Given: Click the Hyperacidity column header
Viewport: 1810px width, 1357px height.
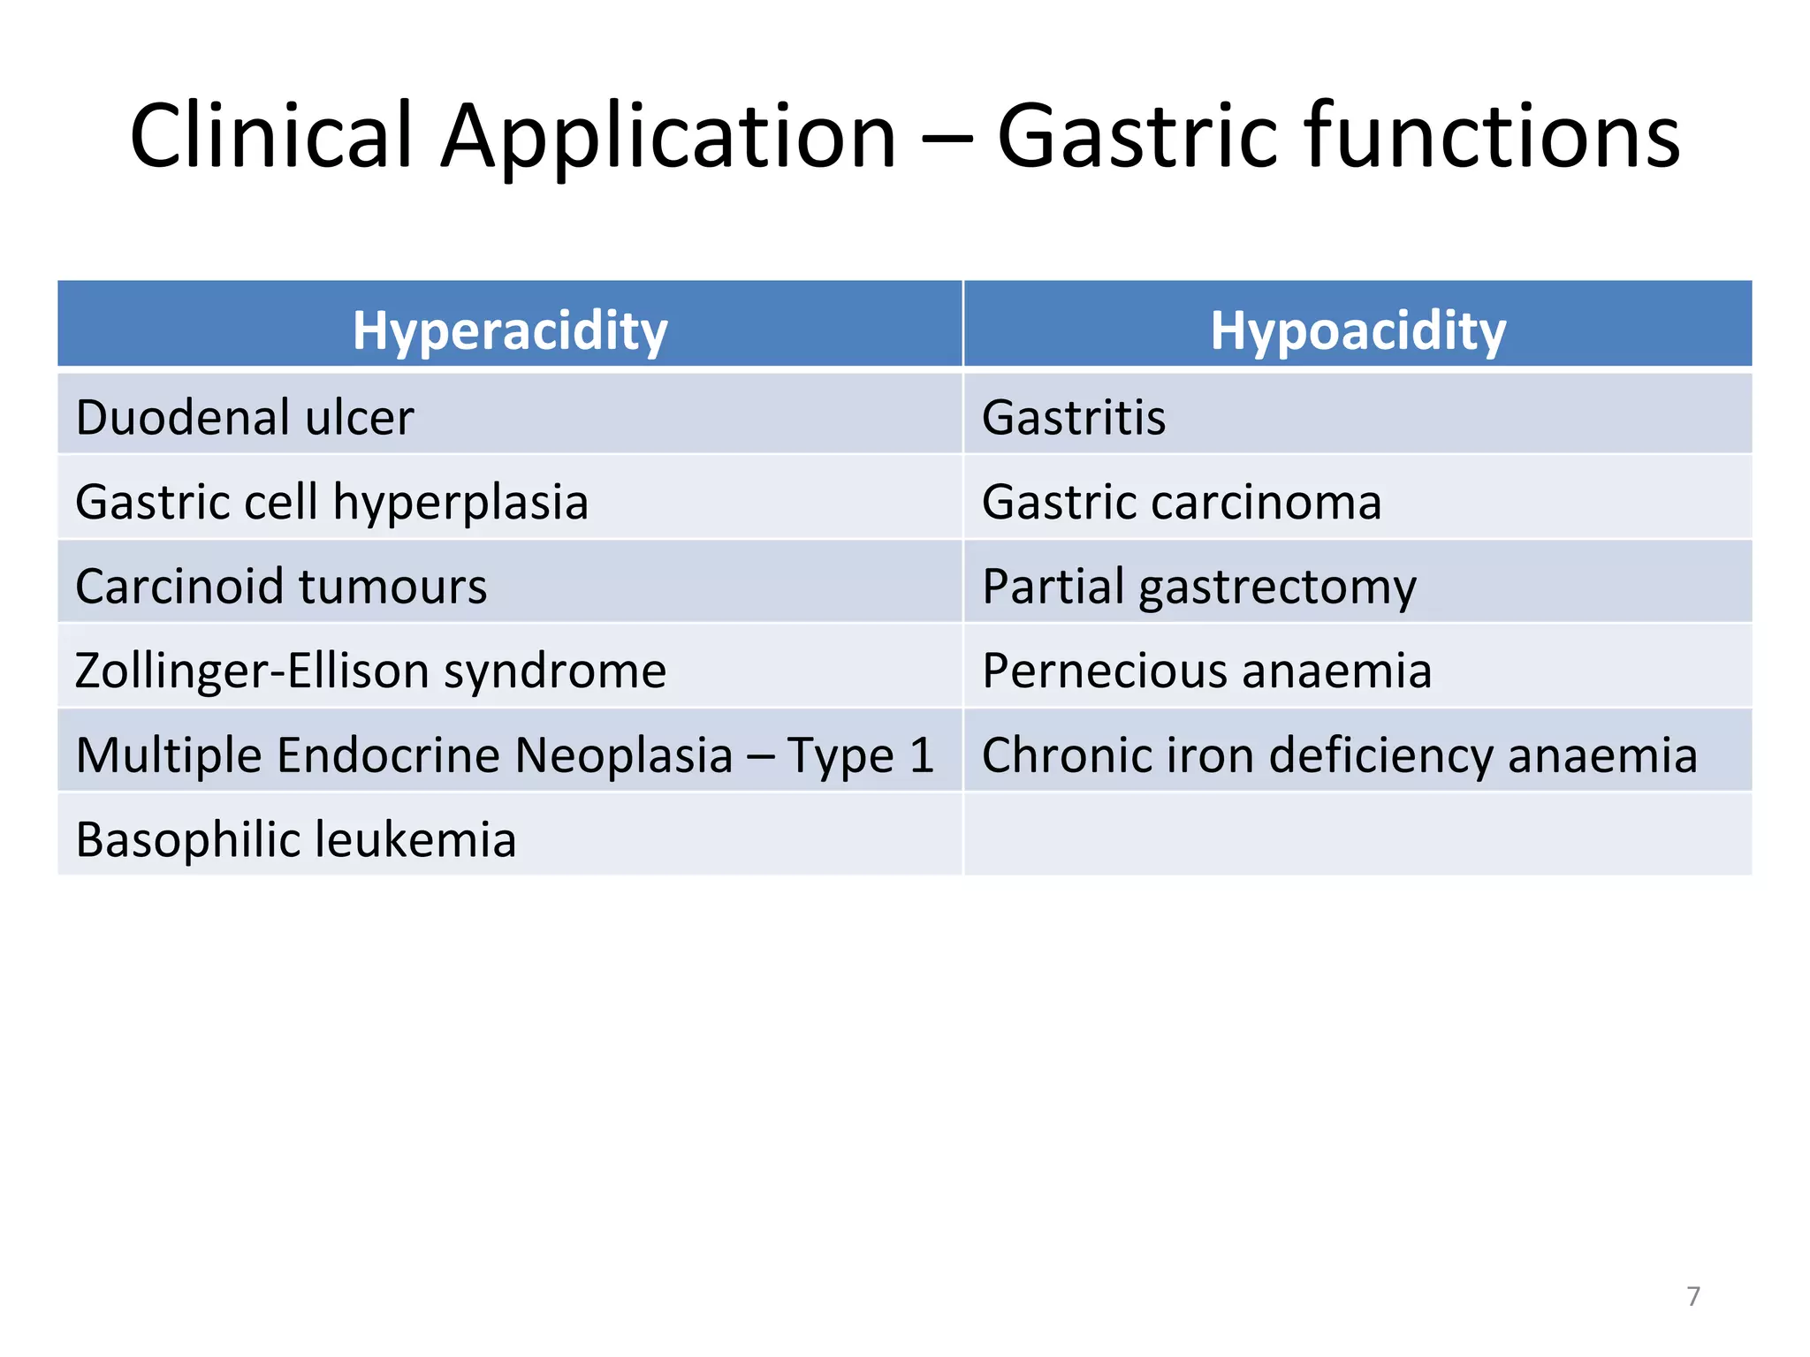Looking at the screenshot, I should [x=510, y=330].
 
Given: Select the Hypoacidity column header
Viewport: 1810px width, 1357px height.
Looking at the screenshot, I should [x=1357, y=330].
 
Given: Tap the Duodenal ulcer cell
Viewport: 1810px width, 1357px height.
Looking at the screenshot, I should [x=245, y=417].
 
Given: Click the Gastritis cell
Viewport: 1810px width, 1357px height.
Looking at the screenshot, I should [x=1074, y=417].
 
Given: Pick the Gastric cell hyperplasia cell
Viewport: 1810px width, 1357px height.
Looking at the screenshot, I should [x=331, y=502].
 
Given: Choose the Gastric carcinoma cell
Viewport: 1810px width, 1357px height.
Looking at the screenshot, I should [x=1182, y=502].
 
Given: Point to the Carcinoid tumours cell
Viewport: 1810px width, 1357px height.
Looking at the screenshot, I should [x=281, y=586].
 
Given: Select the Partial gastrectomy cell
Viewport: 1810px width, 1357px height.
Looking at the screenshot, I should [x=1199, y=587].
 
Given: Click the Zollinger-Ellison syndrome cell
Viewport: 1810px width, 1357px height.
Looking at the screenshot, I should [x=370, y=671].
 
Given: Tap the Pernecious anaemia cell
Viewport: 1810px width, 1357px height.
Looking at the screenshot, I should [x=1206, y=671].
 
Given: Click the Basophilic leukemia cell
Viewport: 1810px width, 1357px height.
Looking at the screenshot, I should [x=296, y=839].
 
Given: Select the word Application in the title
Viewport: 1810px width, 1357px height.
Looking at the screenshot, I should [x=668, y=137].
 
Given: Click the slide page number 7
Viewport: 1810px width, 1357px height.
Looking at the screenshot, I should [x=1692, y=1296].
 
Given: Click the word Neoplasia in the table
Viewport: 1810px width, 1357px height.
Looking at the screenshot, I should [x=624, y=755].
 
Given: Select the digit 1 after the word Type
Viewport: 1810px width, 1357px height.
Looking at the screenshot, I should [x=922, y=755].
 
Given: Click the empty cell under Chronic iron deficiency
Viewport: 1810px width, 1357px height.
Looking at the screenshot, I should [x=1357, y=835].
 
